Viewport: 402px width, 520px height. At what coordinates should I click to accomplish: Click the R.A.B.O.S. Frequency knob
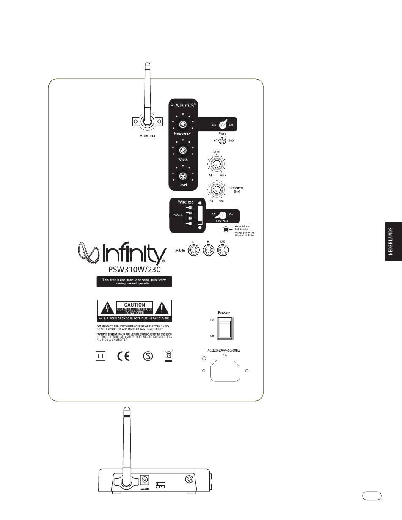(182, 124)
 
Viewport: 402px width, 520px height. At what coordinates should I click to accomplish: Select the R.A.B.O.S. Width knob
(182, 150)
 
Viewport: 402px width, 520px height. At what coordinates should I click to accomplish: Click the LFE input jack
(223, 251)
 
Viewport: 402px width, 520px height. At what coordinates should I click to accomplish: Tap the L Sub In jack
(194, 251)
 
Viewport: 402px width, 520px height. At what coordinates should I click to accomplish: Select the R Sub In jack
(208, 251)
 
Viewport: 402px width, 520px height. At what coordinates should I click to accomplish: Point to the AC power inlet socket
(225, 371)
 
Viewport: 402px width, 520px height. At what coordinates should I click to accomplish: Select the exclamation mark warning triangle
(162, 308)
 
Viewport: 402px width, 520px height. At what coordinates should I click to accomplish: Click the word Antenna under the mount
(147, 136)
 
